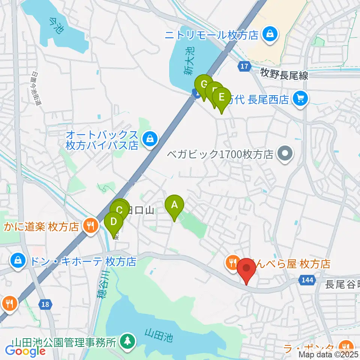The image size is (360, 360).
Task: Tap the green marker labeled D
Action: [x=114, y=222]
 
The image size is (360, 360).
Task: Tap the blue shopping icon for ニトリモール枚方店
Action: [x=270, y=35]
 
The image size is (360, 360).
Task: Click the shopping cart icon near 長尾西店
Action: [x=300, y=99]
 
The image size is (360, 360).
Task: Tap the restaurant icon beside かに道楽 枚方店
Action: [x=90, y=226]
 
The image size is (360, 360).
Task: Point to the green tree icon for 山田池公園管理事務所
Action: [x=127, y=341]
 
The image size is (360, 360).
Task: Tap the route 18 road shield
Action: [x=45, y=304]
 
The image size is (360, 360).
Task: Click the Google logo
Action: [x=25, y=351]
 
